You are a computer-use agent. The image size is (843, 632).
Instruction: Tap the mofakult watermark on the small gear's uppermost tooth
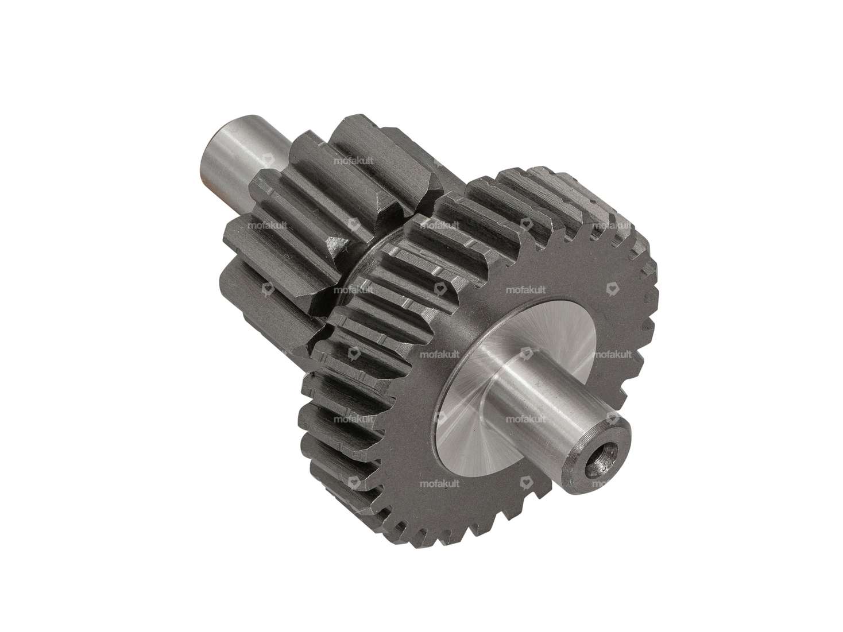[354, 161]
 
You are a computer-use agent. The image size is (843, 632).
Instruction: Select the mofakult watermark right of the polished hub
[612, 355]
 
